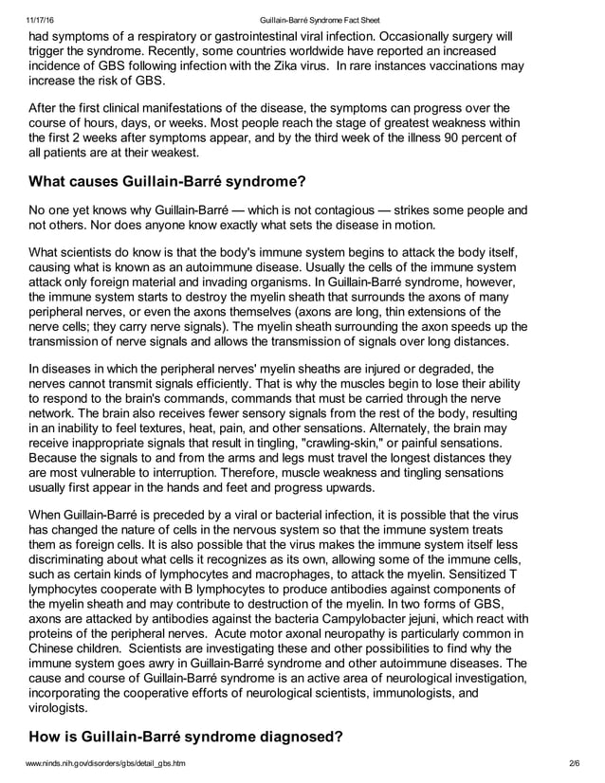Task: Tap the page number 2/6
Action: click(573, 763)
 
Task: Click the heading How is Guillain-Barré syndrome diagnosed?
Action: click(185, 737)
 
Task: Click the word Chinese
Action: click(59, 649)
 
